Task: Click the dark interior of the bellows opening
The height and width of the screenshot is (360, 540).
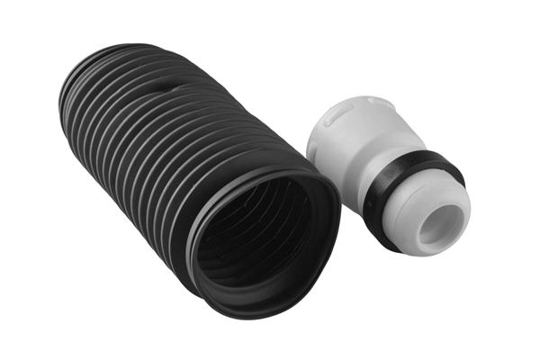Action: click(x=261, y=238)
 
